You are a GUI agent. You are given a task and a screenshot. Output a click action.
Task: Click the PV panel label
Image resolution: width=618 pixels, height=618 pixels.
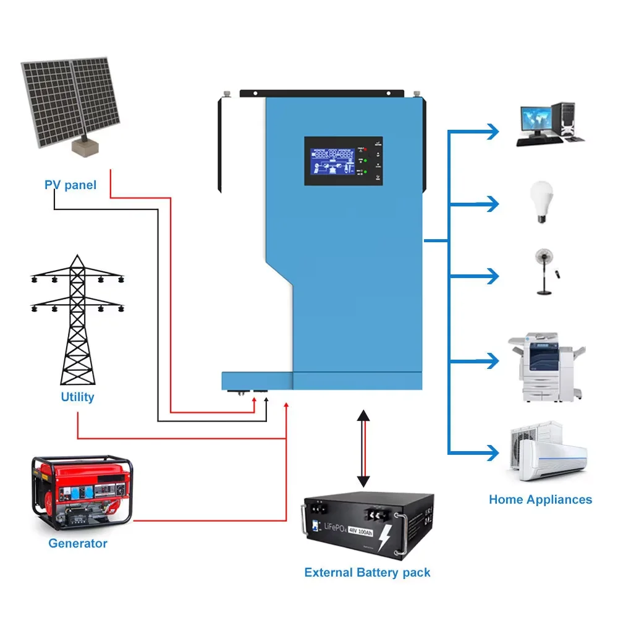70,185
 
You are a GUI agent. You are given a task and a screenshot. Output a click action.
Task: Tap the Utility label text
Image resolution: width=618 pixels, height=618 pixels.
77,397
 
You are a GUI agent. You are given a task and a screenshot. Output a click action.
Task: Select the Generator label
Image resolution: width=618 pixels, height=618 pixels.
78,543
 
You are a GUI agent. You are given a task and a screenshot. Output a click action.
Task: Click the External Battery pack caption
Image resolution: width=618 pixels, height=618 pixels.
367,572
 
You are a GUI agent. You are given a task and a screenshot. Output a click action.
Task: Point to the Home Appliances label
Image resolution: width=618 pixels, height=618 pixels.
540,499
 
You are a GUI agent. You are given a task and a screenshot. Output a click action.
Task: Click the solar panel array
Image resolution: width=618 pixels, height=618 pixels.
72,105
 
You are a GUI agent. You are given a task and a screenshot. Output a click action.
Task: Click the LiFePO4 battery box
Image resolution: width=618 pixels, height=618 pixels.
367,526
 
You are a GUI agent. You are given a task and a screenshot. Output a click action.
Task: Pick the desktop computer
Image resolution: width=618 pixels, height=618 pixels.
548,124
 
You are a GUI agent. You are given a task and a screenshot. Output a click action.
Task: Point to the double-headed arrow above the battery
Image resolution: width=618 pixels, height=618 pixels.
363,448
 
